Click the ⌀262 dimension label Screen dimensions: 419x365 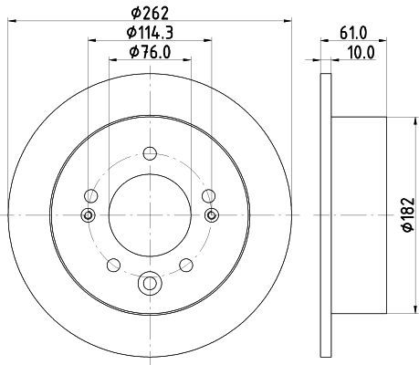150,14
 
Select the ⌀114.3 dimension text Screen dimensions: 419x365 150,33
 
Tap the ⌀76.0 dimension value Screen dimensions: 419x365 150,52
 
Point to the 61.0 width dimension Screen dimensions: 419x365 353,33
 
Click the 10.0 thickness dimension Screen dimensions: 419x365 361,52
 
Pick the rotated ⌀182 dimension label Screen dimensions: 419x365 408,214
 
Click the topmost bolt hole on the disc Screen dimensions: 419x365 150,153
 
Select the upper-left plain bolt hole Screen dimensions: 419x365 91,195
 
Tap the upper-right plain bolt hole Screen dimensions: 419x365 209,195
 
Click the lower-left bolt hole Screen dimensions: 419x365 113,265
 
